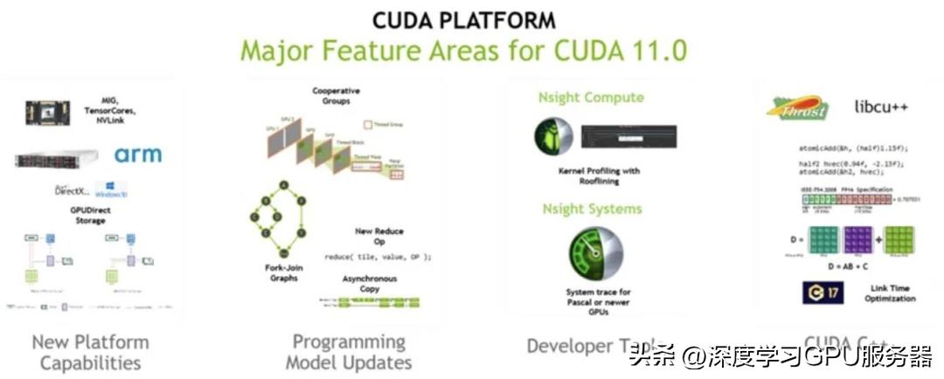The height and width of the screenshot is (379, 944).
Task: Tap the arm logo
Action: coord(137,155)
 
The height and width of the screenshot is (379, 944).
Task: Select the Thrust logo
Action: coord(797,107)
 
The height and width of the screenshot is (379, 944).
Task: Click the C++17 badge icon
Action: coord(823,292)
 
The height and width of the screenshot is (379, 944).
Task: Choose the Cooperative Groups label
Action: coord(336,96)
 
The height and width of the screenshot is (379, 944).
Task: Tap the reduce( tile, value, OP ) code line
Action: coord(378,257)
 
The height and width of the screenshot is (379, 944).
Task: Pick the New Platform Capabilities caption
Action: coord(90,352)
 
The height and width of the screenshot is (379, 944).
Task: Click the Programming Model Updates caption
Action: coord(349,351)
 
